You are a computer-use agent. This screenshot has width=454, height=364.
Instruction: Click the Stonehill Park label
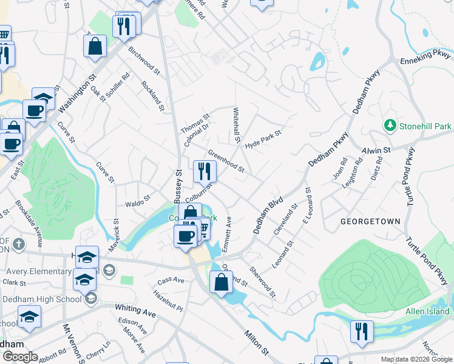pyautogui.click(x=424, y=126)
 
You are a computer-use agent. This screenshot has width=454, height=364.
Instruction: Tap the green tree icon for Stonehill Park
pyautogui.click(x=390, y=126)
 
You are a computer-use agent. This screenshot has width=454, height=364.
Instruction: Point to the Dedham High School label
pyautogui.click(x=41, y=298)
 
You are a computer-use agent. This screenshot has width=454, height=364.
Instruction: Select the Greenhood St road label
pyautogui.click(x=226, y=160)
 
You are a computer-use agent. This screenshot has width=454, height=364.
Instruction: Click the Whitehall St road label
pyautogui.click(x=236, y=126)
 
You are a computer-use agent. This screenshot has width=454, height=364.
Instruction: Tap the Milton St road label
pyautogui.click(x=257, y=342)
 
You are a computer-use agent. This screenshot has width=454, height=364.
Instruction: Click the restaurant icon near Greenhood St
pyautogui.click(x=205, y=171)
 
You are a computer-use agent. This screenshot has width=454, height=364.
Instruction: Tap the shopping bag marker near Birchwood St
pyautogui.click(x=95, y=46)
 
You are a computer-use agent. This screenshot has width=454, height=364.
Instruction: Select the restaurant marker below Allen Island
pyautogui.click(x=362, y=331)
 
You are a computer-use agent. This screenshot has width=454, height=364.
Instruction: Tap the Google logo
pyautogui.click(x=19, y=357)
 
